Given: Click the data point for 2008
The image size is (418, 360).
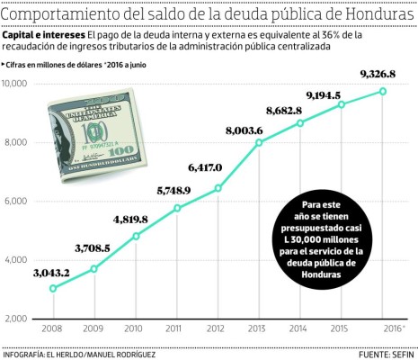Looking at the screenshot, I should tap(53, 288).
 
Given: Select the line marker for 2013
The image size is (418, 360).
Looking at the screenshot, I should tap(260, 142).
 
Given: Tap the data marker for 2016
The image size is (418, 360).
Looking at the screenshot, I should tap(383, 91).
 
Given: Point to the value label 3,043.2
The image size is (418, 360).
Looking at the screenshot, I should tap(53, 273).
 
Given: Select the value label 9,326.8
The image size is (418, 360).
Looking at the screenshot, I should tap(381, 73).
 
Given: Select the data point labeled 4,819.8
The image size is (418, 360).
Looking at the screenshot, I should tap(136, 236).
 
